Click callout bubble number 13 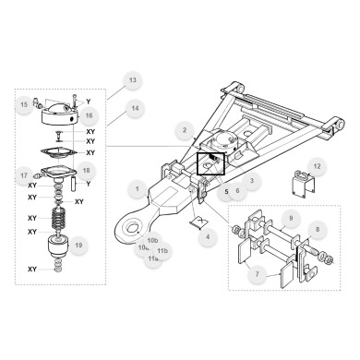[132, 81]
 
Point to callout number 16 [89, 116]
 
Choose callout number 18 [86, 171]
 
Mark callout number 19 [79, 246]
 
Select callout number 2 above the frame [185, 131]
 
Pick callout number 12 [317, 166]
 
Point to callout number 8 [318, 228]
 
